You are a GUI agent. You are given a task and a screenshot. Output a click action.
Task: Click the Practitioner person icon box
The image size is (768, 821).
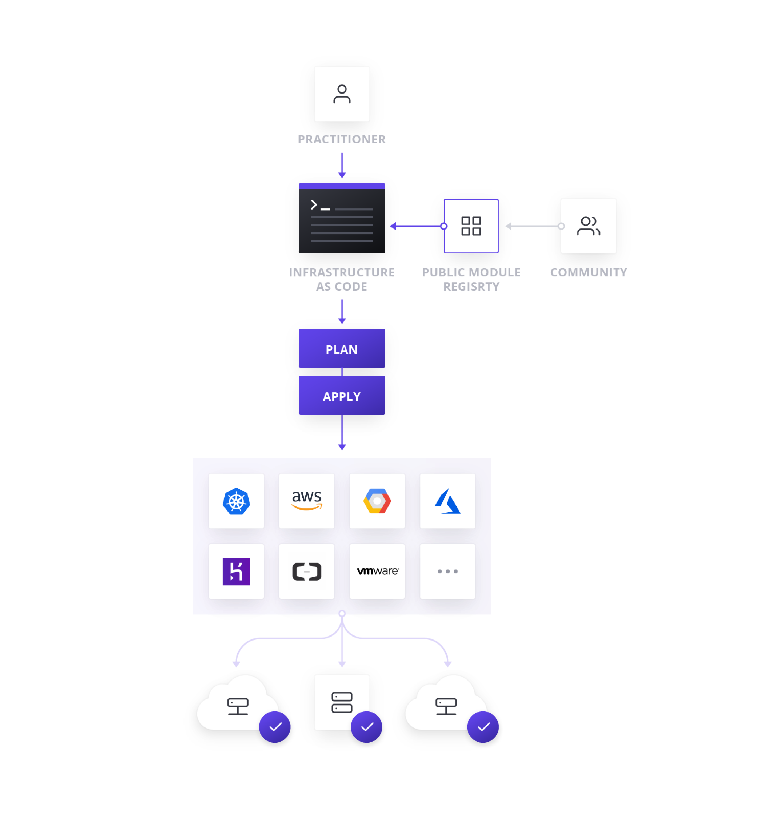click(342, 94)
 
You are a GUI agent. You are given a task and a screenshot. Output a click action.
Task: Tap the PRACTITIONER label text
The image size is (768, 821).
click(342, 139)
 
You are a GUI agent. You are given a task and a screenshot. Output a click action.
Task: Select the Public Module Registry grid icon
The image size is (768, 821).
click(471, 226)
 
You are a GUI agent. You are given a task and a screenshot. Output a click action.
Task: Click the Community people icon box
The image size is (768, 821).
click(588, 226)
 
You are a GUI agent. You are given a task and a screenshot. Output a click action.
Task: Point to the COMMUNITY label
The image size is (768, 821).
click(588, 273)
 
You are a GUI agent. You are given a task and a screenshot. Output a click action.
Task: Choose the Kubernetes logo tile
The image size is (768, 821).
click(236, 501)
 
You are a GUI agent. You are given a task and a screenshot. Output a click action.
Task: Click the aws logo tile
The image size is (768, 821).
click(307, 501)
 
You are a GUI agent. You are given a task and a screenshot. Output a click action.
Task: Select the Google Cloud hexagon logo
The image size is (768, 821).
click(377, 501)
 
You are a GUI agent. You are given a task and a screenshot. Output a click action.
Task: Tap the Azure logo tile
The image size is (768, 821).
click(447, 501)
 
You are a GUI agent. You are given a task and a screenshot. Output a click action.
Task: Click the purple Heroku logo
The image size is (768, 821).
click(236, 571)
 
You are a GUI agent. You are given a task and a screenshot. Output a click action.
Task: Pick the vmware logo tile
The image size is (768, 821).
click(377, 571)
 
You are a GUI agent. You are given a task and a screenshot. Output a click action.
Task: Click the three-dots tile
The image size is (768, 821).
click(447, 571)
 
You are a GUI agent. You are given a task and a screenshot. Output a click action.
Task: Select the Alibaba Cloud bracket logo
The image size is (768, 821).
click(307, 571)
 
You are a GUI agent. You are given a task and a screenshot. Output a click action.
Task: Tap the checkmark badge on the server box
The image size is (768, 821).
click(366, 727)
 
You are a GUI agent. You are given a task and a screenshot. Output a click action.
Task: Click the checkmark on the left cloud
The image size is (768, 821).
click(275, 727)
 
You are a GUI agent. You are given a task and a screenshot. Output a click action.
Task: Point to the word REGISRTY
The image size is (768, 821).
click(471, 287)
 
